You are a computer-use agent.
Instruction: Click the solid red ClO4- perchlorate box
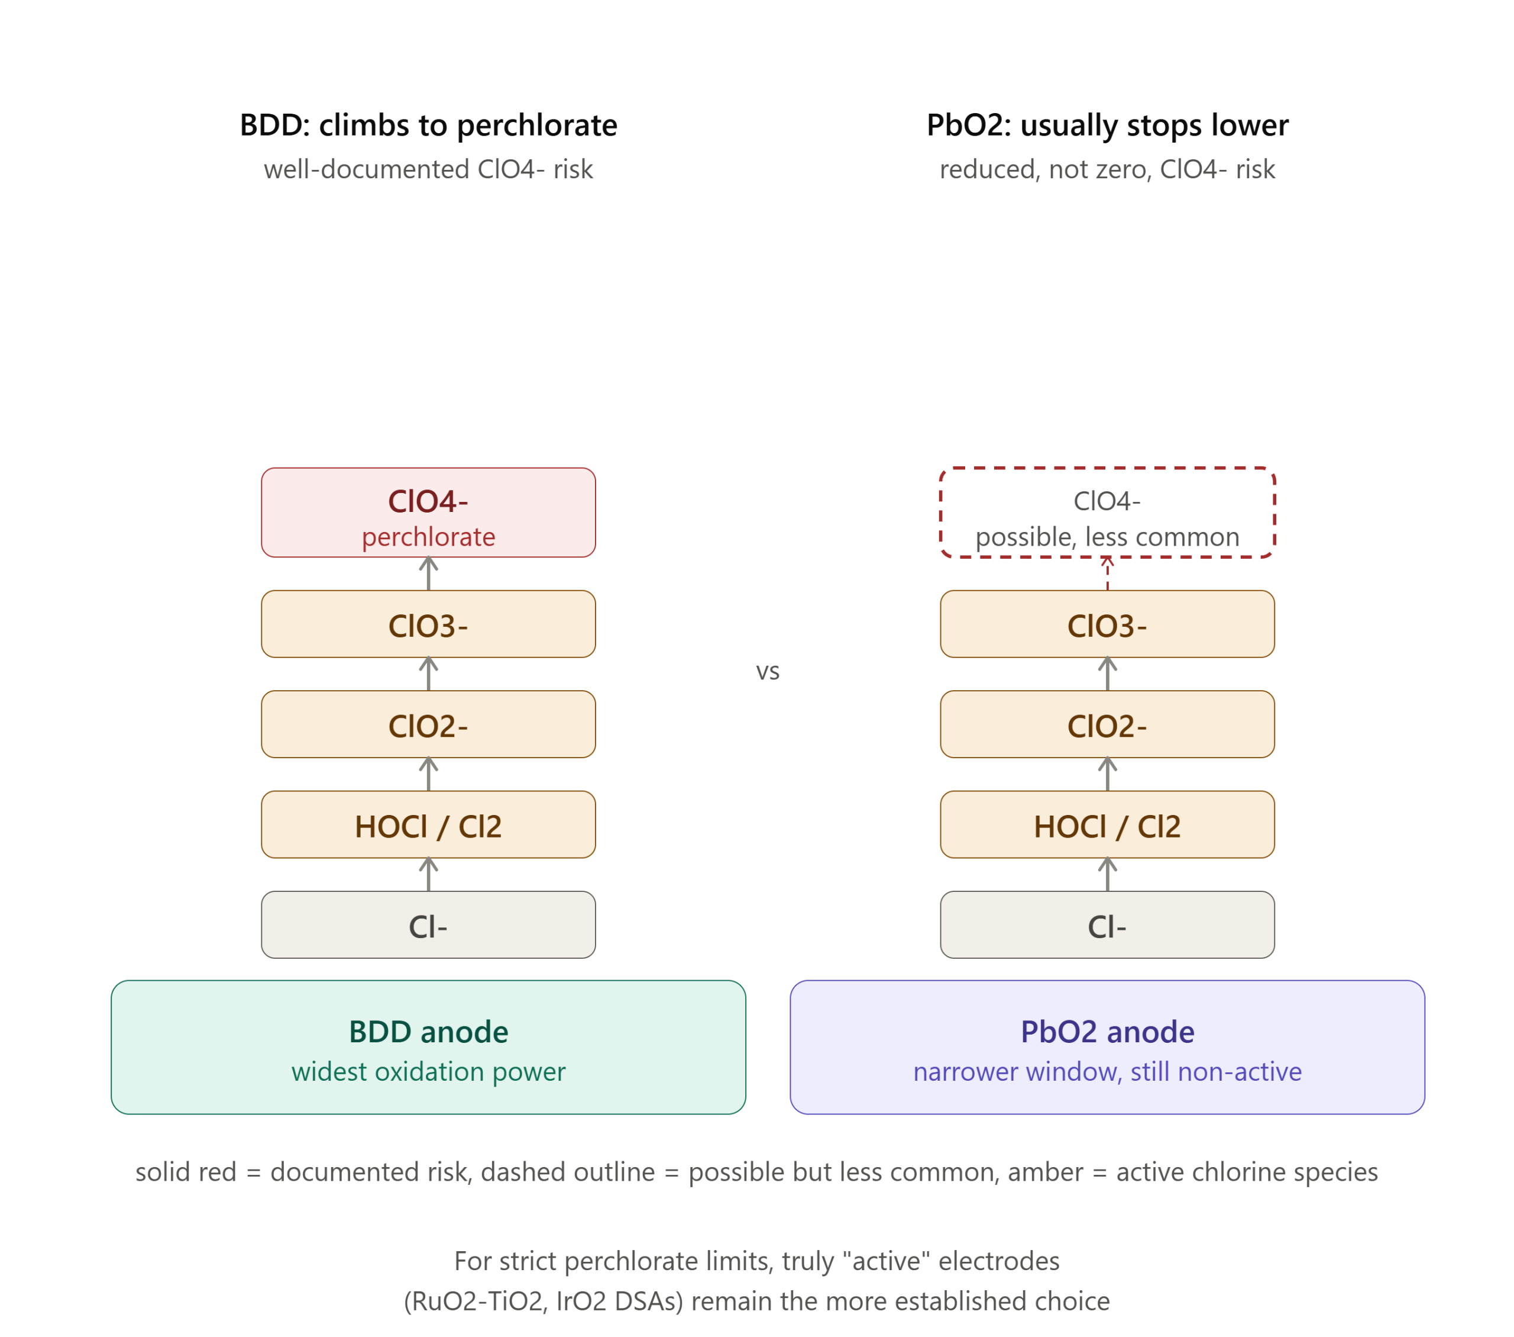[428, 512]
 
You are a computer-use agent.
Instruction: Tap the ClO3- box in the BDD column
[428, 624]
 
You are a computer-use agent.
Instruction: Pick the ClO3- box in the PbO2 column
[1107, 624]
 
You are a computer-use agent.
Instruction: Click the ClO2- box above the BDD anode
[428, 724]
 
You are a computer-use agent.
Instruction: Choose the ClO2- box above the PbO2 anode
[1107, 724]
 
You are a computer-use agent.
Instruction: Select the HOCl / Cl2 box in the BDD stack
[428, 824]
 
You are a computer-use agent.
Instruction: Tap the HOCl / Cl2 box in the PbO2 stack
[1107, 824]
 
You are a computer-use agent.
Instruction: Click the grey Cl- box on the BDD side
[428, 924]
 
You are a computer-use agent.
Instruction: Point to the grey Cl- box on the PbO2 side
[1107, 924]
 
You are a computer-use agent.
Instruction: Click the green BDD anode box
[428, 1046]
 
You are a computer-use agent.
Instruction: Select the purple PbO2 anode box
[1107, 1046]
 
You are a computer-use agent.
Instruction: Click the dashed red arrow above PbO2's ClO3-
[1107, 574]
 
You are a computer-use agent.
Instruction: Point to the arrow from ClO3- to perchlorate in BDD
[428, 574]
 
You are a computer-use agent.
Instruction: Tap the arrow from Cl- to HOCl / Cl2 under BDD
[428, 875]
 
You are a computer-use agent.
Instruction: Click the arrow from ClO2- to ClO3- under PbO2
[1107, 674]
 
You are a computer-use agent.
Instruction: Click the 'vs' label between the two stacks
[768, 672]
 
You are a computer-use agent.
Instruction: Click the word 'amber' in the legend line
[1045, 1172]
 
